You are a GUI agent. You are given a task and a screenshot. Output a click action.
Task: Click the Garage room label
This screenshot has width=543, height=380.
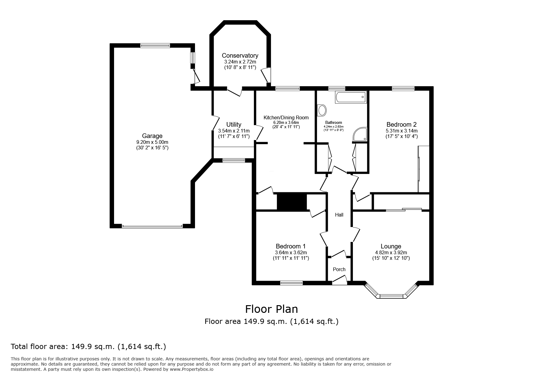(x=152, y=136)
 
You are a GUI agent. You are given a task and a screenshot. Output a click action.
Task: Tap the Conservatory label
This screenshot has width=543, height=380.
(x=240, y=56)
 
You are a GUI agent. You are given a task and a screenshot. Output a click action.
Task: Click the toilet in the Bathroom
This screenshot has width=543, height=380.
(x=322, y=110)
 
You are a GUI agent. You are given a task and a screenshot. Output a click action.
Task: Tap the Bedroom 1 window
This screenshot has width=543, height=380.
(x=291, y=283)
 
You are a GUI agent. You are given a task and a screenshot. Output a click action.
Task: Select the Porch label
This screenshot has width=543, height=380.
(x=339, y=269)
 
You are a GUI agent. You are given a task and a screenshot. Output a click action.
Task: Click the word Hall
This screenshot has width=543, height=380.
(x=339, y=215)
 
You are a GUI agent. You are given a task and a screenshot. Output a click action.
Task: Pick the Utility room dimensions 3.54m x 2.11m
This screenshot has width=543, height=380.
(x=234, y=131)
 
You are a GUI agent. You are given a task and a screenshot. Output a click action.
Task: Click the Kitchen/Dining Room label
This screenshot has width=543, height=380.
(x=286, y=117)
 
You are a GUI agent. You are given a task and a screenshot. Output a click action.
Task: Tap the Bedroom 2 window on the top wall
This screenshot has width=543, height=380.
(x=403, y=89)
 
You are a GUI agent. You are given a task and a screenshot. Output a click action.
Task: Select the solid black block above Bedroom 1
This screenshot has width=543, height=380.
(x=292, y=202)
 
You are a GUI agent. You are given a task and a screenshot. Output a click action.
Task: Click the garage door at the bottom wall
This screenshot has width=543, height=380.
(x=152, y=226)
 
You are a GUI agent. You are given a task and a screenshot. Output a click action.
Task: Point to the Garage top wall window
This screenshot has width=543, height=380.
(x=155, y=46)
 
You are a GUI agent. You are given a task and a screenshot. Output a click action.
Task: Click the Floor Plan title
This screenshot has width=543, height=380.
(x=271, y=309)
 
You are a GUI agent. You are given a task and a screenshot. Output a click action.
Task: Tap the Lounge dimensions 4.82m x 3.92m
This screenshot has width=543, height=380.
(x=391, y=253)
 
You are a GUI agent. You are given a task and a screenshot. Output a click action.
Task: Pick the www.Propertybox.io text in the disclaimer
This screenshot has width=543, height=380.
(x=191, y=369)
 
